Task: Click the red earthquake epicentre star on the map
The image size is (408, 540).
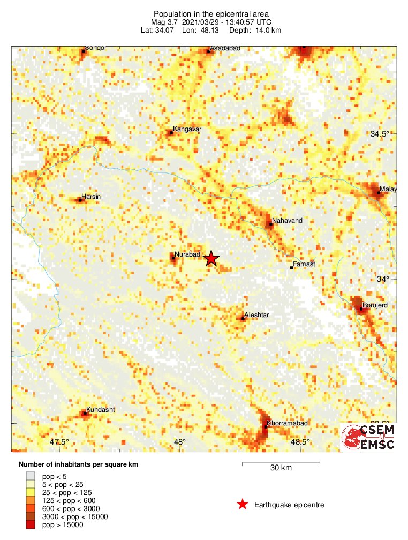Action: (211, 259)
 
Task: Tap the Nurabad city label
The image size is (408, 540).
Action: (186, 254)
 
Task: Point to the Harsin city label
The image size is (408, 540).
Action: (90, 197)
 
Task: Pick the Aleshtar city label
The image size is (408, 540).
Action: (256, 314)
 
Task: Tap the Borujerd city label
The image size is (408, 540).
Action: (375, 305)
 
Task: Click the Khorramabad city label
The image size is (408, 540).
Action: (287, 423)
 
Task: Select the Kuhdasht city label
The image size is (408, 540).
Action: (100, 409)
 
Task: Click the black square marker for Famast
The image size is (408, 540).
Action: (291, 267)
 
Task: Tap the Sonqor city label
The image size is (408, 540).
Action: (96, 48)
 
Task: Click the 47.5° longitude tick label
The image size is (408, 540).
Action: (60, 442)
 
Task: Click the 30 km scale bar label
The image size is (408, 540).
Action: (281, 468)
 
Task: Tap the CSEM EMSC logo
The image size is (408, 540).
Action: (368, 437)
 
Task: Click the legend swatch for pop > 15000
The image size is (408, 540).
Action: (31, 525)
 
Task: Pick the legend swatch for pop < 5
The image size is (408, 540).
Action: (31, 475)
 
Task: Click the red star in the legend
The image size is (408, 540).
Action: (243, 505)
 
